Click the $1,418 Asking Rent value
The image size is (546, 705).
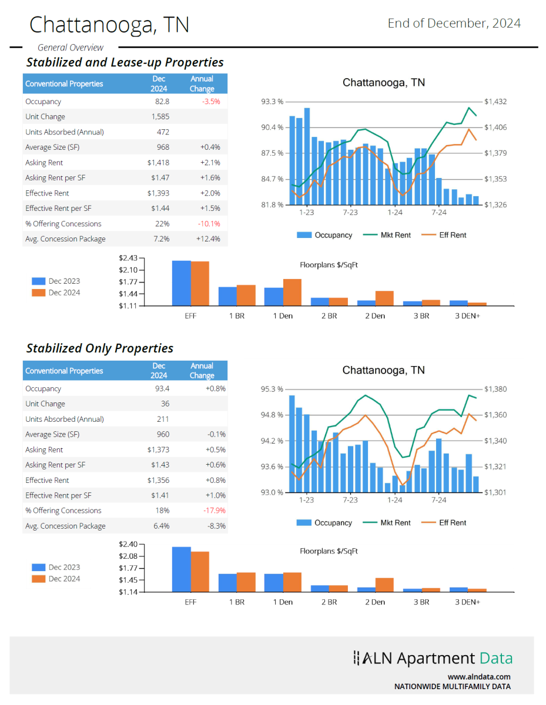[158, 163]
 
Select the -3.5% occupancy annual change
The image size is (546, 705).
[211, 102]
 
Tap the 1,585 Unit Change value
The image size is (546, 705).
[160, 117]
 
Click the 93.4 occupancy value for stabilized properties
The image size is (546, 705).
[162, 389]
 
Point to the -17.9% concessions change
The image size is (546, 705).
[214, 511]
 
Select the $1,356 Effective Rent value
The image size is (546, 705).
[158, 481]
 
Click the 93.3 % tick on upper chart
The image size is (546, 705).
[272, 102]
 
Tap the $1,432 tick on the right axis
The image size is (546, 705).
[495, 102]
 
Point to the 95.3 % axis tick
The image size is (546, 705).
[272, 389]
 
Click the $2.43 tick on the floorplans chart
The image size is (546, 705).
[128, 258]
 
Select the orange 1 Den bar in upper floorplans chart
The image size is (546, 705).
[292, 292]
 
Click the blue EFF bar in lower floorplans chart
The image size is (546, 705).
[181, 569]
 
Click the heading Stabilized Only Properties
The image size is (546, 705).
[100, 348]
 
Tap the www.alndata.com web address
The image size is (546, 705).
[479, 677]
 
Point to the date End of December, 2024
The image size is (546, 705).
[454, 23]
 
